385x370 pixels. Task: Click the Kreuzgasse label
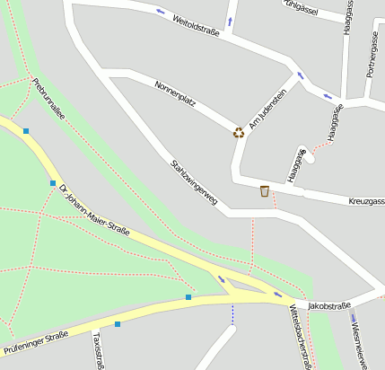(x=366, y=201)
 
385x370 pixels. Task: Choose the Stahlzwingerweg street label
(x=195, y=182)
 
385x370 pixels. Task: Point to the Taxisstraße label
(x=99, y=351)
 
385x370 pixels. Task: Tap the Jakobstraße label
(x=328, y=306)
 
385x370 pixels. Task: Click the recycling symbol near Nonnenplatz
(x=239, y=133)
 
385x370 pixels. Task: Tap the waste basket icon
(x=264, y=190)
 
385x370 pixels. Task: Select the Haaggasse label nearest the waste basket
(x=296, y=165)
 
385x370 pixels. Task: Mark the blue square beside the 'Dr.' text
(x=53, y=182)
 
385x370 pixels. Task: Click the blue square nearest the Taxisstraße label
(x=118, y=323)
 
